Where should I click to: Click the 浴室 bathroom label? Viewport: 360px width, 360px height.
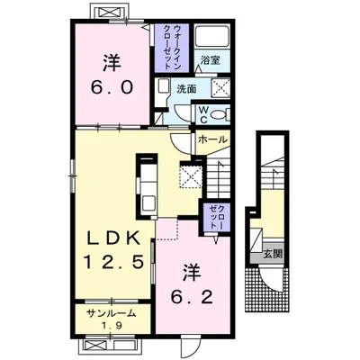point(211,60)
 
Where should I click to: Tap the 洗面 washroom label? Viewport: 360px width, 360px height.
point(186,89)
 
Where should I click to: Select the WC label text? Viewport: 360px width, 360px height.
point(203,114)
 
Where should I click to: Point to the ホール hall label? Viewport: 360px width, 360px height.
point(212,139)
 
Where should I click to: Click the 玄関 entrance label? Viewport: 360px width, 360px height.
point(273,255)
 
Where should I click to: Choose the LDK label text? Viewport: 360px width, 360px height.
point(113,239)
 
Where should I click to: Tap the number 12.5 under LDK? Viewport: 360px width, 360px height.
point(112,263)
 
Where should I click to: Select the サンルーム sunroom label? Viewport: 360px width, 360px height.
point(112,314)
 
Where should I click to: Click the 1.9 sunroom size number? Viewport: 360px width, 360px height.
point(113,326)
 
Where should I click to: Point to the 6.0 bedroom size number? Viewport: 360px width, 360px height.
point(112,88)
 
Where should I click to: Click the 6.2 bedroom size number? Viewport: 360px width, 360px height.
point(192,297)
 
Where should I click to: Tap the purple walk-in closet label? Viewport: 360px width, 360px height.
point(172,48)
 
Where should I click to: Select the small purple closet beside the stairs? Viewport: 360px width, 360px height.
point(215,218)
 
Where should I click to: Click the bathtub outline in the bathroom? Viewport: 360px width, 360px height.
point(211,35)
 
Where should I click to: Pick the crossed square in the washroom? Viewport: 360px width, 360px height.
point(220,88)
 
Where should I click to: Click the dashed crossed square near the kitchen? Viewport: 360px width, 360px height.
point(191,175)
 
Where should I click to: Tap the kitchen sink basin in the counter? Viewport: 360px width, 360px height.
point(148,203)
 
